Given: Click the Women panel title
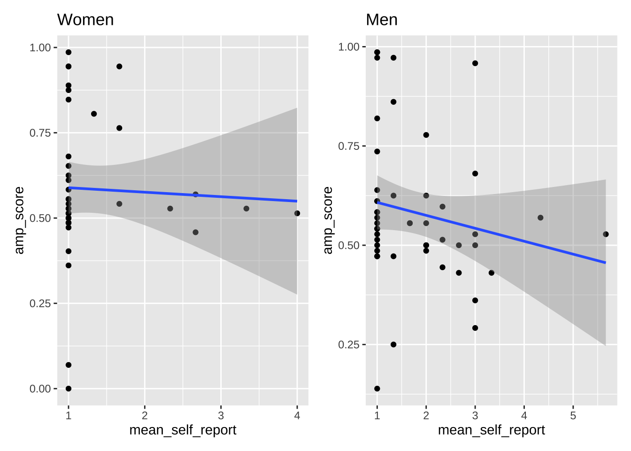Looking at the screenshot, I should click(85, 20).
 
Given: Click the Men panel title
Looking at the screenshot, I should click(381, 20).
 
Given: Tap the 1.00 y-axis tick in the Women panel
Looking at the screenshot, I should click(40, 47).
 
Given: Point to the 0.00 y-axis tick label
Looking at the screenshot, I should click(40, 389).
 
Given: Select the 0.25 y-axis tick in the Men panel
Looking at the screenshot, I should click(349, 344).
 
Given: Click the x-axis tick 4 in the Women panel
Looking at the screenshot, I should click(297, 415).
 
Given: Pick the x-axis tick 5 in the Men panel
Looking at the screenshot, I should click(573, 415).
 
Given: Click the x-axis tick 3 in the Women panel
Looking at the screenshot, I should click(221, 415).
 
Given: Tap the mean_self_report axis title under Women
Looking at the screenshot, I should click(183, 430).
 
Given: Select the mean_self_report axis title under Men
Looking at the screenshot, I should click(491, 430).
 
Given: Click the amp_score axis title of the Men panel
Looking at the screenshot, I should click(328, 220).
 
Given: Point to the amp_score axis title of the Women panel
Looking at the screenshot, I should click(19, 220).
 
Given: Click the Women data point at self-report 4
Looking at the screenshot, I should click(297, 213).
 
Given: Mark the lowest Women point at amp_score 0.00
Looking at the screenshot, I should click(69, 389).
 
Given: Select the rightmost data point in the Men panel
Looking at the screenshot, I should click(606, 234).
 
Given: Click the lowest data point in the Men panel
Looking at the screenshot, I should click(377, 389).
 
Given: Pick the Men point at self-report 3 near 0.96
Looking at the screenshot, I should click(475, 63).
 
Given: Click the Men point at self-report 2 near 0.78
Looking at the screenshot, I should click(426, 135).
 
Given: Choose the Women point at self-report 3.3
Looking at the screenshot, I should click(246, 209).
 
